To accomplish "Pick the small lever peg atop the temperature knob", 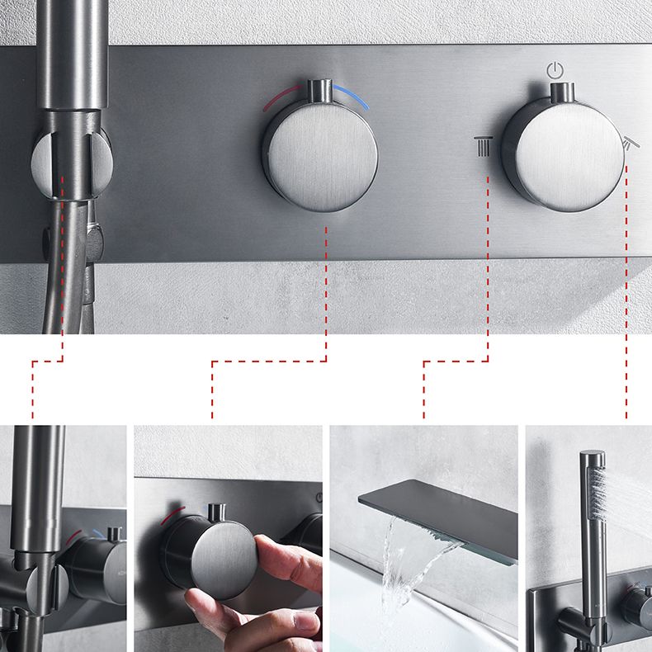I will [315, 90].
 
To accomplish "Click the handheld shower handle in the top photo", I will [71, 50].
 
